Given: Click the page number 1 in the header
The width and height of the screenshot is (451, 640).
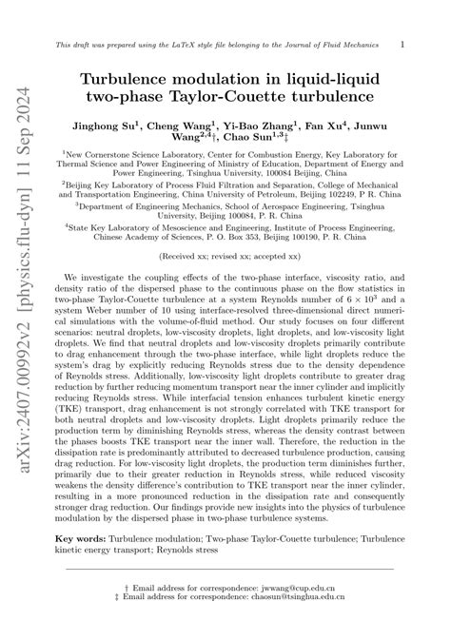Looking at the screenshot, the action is point(402,44).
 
